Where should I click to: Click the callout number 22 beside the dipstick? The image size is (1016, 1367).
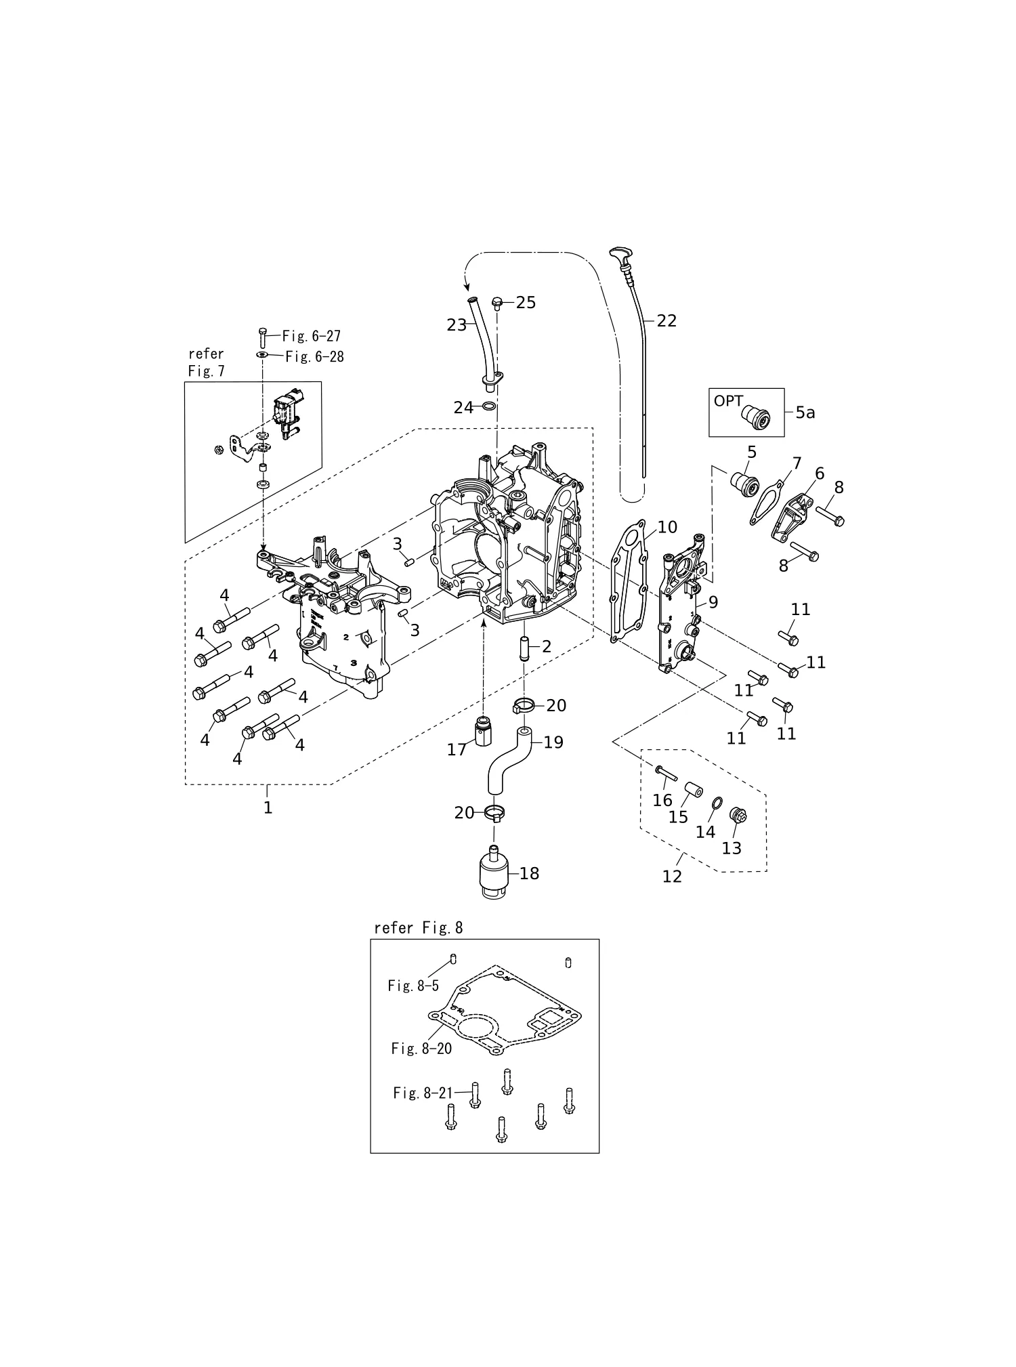(666, 321)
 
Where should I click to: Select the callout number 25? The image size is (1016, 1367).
(526, 303)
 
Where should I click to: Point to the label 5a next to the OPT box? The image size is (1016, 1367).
(805, 413)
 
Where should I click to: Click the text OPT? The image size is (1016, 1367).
(728, 401)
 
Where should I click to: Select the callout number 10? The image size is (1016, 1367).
(667, 527)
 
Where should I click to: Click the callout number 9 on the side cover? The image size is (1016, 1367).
(713, 602)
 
